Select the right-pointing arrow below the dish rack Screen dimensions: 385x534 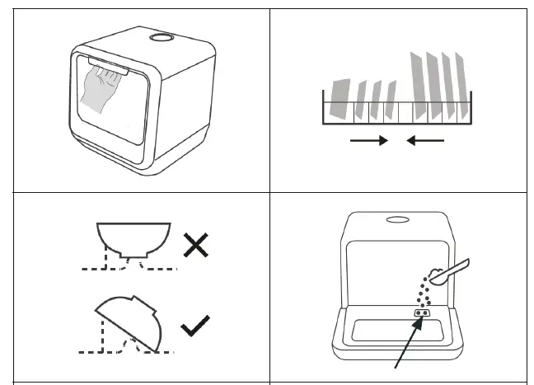[x=368, y=141]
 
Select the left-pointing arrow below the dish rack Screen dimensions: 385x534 [x=425, y=141]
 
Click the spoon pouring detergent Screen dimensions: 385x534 [x=452, y=269]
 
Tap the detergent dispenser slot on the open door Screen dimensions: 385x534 [x=423, y=313]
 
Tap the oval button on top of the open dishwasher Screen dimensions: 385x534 [x=397, y=219]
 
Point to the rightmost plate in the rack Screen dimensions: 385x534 [x=460, y=87]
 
